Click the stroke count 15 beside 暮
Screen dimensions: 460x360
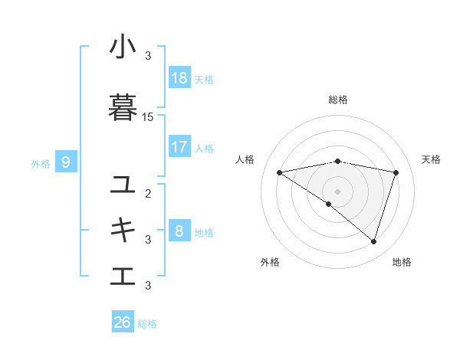148,117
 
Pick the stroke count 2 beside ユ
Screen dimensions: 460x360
148,194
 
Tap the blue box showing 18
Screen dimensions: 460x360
179,78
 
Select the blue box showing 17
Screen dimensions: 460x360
179,147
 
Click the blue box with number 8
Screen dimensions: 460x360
179,230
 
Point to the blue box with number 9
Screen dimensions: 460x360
66,162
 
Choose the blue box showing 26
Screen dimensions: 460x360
123,322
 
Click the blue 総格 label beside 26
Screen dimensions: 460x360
147,324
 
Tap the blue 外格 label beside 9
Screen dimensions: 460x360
41,163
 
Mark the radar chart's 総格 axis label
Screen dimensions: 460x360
337,100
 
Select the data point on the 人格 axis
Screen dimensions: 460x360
279,172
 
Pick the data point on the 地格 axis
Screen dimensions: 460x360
373,241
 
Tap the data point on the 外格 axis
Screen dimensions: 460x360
329,204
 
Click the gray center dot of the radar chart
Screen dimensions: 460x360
337,191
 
